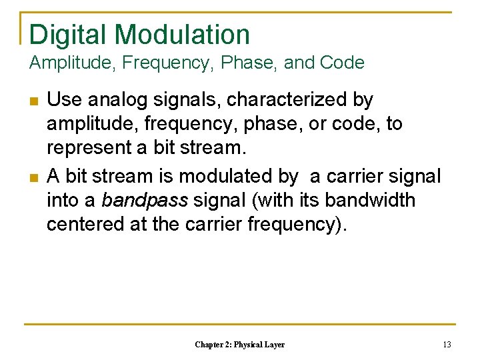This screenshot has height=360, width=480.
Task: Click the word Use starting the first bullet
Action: coord(65,100)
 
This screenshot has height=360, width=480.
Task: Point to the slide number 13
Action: coord(447,345)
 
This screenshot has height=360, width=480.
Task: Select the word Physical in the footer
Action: coord(246,345)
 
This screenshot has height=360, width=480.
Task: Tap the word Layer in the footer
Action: coord(274,345)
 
